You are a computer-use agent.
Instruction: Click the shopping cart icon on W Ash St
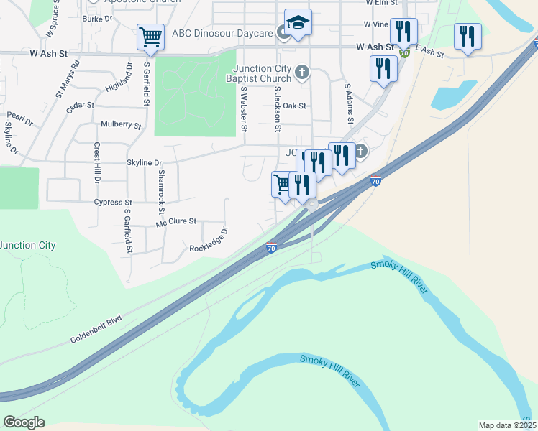(150, 36)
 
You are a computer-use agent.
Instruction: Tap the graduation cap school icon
(297, 22)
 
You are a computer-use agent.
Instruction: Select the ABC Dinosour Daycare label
(222, 34)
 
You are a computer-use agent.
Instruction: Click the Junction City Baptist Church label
(258, 73)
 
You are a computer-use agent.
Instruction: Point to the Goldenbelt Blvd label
(97, 330)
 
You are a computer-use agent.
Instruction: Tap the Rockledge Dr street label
(209, 240)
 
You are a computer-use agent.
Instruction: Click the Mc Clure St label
(176, 222)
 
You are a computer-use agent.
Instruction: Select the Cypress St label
(114, 203)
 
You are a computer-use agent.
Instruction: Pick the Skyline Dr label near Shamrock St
(145, 163)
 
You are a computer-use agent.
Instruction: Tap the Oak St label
(294, 106)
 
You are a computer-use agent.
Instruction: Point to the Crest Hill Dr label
(96, 162)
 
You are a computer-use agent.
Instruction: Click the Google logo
(24, 422)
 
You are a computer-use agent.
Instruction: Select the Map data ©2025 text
(506, 425)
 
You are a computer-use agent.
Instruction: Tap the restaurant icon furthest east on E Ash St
(468, 37)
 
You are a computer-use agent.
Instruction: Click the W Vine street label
(376, 24)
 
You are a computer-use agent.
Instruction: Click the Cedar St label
(80, 106)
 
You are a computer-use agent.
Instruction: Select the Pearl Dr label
(20, 118)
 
